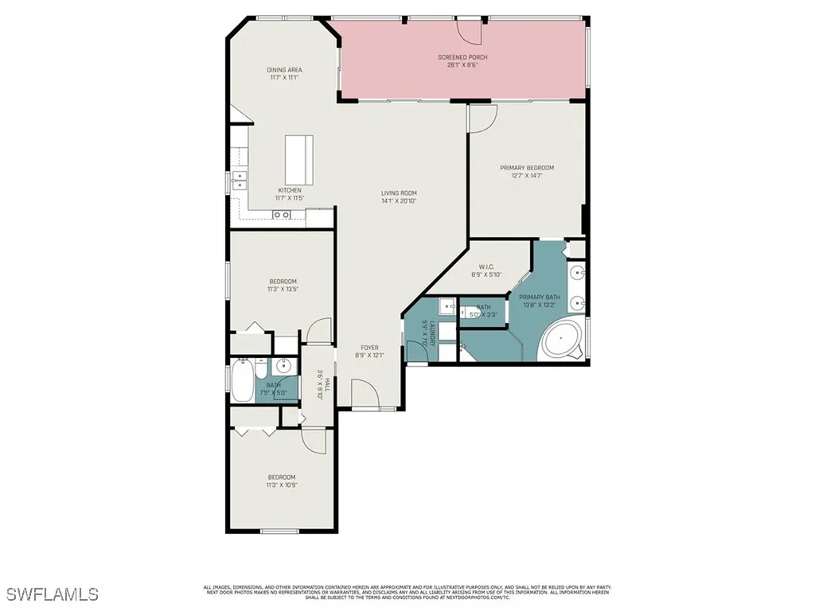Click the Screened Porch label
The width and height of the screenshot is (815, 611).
click(462, 57)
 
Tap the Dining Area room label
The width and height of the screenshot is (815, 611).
click(284, 70)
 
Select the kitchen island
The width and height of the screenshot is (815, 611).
click(299, 159)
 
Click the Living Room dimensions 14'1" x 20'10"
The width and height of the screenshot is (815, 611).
click(399, 201)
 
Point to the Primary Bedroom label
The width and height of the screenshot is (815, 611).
click(527, 168)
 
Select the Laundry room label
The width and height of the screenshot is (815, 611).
click(427, 333)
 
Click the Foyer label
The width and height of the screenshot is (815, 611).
click(369, 348)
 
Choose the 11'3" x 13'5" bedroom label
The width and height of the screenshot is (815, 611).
click(283, 282)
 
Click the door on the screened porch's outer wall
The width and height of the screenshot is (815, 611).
click(470, 29)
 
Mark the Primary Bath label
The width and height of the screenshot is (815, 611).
click(541, 297)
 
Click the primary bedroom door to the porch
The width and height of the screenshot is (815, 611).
click(482, 117)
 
